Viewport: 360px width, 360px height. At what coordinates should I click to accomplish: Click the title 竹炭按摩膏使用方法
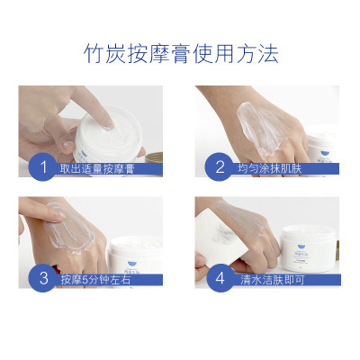pos(181,54)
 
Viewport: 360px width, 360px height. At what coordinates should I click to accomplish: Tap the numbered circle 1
pos(43,166)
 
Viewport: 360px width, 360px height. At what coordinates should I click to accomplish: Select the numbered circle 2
pos(220,166)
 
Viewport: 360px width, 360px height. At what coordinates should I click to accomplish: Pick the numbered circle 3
pos(43,278)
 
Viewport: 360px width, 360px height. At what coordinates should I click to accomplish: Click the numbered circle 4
pos(220,278)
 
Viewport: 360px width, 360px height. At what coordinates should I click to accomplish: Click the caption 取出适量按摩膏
pos(97,168)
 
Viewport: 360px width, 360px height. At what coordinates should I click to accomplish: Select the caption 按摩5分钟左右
pos(95,280)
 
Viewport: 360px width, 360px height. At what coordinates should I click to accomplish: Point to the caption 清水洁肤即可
pos(273,280)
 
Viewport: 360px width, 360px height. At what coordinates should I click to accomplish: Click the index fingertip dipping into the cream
pos(109,124)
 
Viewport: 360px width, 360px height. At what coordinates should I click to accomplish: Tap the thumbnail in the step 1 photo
pos(67,146)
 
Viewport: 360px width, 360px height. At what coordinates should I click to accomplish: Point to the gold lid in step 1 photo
pos(154,157)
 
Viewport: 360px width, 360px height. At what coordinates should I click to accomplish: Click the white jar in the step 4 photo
pos(308,248)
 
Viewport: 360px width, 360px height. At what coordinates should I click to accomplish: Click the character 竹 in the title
pos(94,54)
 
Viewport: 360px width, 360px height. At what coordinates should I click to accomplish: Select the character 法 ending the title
pos(268,54)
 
